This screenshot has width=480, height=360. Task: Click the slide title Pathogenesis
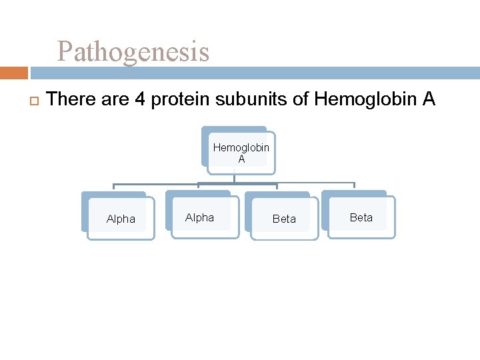point(133,51)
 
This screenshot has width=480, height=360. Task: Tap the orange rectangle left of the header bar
point(14,73)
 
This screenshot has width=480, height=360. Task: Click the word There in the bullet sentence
point(72,100)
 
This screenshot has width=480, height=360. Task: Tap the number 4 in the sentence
point(141,100)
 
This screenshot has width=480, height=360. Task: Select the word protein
point(175,100)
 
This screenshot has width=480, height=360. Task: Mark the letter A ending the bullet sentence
point(428,100)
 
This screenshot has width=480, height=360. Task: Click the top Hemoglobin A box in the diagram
point(241,153)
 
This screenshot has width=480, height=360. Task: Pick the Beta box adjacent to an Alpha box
point(284,219)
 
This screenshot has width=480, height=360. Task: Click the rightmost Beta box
point(361,217)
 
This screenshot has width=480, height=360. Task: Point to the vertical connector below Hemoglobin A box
point(235,178)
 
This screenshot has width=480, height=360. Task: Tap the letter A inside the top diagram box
point(241,159)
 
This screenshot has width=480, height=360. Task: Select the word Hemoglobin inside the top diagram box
point(241,148)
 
